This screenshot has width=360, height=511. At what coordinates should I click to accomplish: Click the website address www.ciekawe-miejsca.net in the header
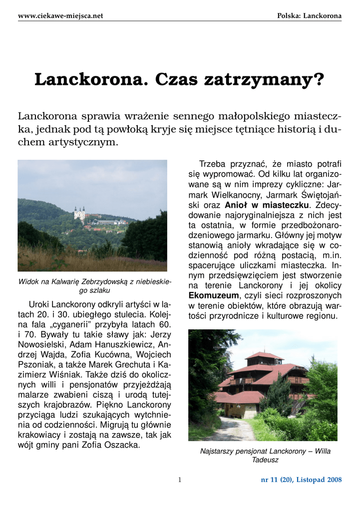tap(60, 16)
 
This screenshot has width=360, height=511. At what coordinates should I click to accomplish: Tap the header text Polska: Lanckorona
tap(310, 16)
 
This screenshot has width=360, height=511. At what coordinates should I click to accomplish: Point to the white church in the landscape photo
tap(79, 213)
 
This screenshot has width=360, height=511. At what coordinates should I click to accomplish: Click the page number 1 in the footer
tap(180, 480)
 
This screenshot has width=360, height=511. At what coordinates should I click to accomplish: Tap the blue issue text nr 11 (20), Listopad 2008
tap(302, 480)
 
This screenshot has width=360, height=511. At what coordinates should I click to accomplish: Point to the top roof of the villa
tap(264, 356)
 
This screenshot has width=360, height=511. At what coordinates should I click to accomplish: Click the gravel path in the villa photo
tap(235, 429)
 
